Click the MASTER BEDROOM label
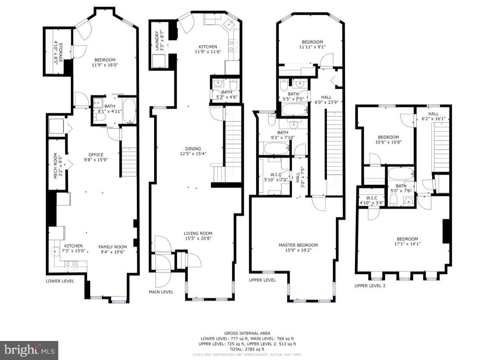[x=298, y=245]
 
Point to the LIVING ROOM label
[x=198, y=233]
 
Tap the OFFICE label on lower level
[x=96, y=155]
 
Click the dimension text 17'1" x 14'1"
[x=407, y=244]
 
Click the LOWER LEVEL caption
[x=60, y=281]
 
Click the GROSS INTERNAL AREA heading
[x=247, y=333]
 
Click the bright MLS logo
[x=29, y=350]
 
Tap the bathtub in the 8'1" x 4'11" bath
[x=129, y=111]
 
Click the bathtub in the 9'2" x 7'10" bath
[x=276, y=150]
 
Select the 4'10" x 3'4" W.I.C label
[x=368, y=200]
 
